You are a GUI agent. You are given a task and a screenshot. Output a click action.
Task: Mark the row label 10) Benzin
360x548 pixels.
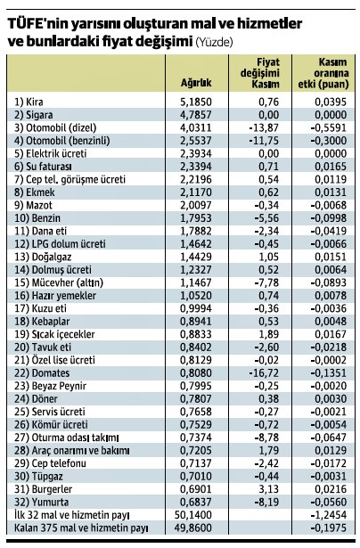[37, 217]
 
